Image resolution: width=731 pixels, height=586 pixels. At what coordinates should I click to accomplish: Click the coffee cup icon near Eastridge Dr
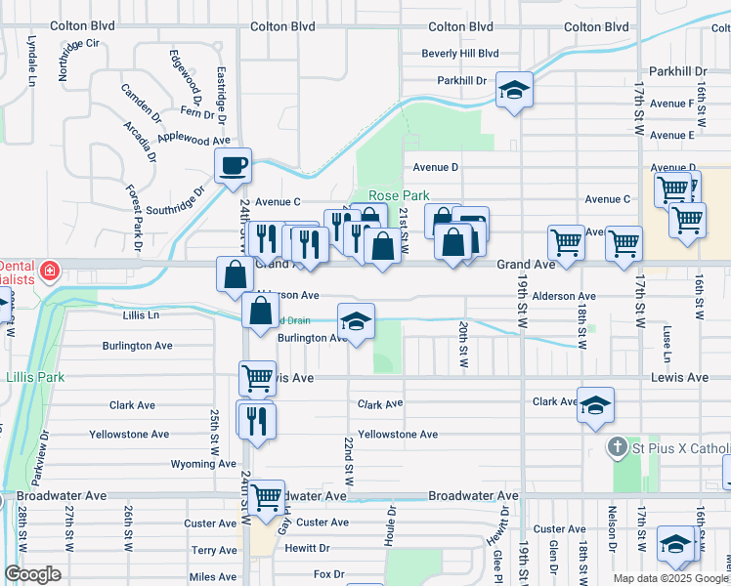tap(233, 166)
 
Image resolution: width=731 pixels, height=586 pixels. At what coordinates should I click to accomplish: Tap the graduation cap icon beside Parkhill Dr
tap(514, 91)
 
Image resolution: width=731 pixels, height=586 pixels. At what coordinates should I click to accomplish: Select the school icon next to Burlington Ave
tap(356, 321)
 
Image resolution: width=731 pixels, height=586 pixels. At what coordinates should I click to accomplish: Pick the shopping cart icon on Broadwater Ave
tap(266, 498)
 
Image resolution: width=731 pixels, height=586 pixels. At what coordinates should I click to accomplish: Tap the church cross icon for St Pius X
tap(617, 448)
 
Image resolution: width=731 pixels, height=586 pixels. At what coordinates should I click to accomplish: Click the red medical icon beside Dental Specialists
tap(47, 269)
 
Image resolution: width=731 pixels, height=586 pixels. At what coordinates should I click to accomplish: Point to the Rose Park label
tap(399, 196)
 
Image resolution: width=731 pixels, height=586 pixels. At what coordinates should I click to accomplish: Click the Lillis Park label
tap(34, 376)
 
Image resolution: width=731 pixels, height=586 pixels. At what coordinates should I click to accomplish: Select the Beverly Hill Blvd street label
tap(459, 54)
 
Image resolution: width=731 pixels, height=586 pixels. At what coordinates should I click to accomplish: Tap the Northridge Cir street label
tap(79, 59)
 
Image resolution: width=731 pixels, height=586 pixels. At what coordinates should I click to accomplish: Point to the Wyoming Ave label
tap(203, 464)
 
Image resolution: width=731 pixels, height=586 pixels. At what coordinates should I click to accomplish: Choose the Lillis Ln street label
tap(141, 315)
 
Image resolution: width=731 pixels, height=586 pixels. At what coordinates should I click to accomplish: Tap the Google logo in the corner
tap(32, 574)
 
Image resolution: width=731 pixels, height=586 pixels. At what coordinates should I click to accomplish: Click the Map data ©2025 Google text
tap(669, 578)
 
